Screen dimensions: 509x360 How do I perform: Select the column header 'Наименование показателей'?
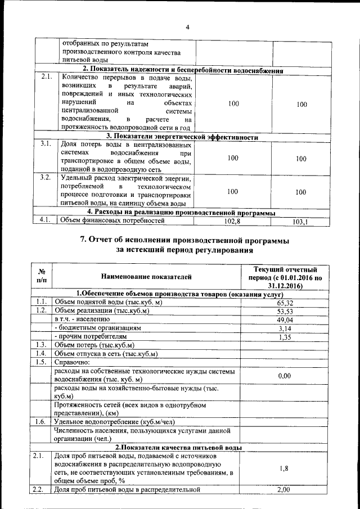tap(146, 277)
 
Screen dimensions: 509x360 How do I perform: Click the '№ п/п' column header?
tap(41, 276)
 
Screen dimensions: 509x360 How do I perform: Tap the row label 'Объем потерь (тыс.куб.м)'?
tap(94, 345)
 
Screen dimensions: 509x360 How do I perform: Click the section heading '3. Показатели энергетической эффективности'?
tap(182, 137)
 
